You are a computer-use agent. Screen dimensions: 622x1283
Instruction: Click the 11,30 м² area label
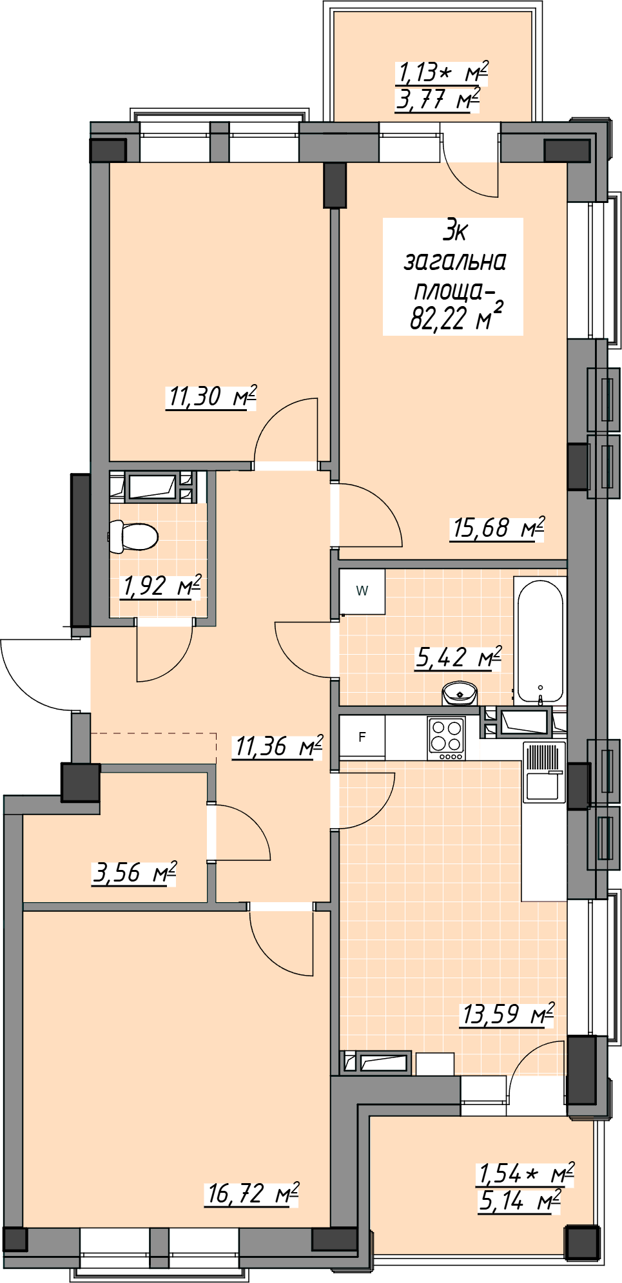[211, 396]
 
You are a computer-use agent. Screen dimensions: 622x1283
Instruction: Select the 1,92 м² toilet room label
[161, 586]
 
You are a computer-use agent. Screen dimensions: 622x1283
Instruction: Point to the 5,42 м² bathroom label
[458, 658]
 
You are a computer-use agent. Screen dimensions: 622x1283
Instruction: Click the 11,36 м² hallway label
[278, 747]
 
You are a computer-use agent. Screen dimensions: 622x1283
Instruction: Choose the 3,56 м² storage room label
[134, 873]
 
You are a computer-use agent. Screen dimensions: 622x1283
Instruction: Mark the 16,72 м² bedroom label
[252, 1193]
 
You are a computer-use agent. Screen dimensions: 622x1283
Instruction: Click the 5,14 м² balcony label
[520, 1201]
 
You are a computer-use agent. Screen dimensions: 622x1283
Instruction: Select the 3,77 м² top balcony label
[438, 100]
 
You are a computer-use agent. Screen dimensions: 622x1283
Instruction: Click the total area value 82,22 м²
[456, 317]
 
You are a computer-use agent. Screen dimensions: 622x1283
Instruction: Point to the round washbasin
[459, 693]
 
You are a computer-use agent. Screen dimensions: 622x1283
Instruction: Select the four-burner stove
[446, 738]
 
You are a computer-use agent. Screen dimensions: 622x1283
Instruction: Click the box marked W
[362, 591]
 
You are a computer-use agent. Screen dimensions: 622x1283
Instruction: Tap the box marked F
[362, 737]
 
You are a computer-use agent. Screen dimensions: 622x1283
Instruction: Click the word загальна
[454, 262]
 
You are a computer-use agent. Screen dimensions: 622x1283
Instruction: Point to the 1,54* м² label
[525, 1174]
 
